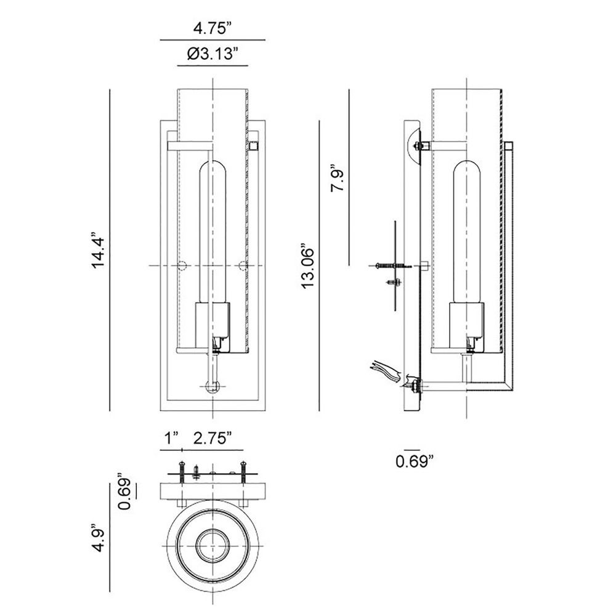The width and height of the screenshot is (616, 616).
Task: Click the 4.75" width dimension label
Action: (213, 29)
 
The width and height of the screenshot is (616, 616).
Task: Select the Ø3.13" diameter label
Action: (213, 54)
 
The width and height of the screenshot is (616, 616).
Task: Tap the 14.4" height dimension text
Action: (97, 250)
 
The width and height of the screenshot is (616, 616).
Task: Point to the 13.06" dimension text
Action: (308, 269)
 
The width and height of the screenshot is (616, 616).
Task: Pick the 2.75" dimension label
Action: (212, 438)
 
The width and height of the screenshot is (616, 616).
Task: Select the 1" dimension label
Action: (171, 438)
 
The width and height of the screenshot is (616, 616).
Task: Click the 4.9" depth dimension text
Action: (97, 537)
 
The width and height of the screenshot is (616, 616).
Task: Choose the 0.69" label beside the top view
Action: (125, 491)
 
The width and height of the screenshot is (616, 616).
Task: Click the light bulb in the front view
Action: (213, 232)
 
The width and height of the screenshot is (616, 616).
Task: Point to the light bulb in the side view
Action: (467, 232)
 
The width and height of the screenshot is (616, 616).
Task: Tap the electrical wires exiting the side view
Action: (387, 371)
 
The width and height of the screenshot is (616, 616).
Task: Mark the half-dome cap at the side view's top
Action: (413, 146)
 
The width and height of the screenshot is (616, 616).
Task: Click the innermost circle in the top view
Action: (213, 546)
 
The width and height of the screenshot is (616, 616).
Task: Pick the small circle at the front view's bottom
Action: (213, 387)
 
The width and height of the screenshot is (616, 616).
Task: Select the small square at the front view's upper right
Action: (253, 147)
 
